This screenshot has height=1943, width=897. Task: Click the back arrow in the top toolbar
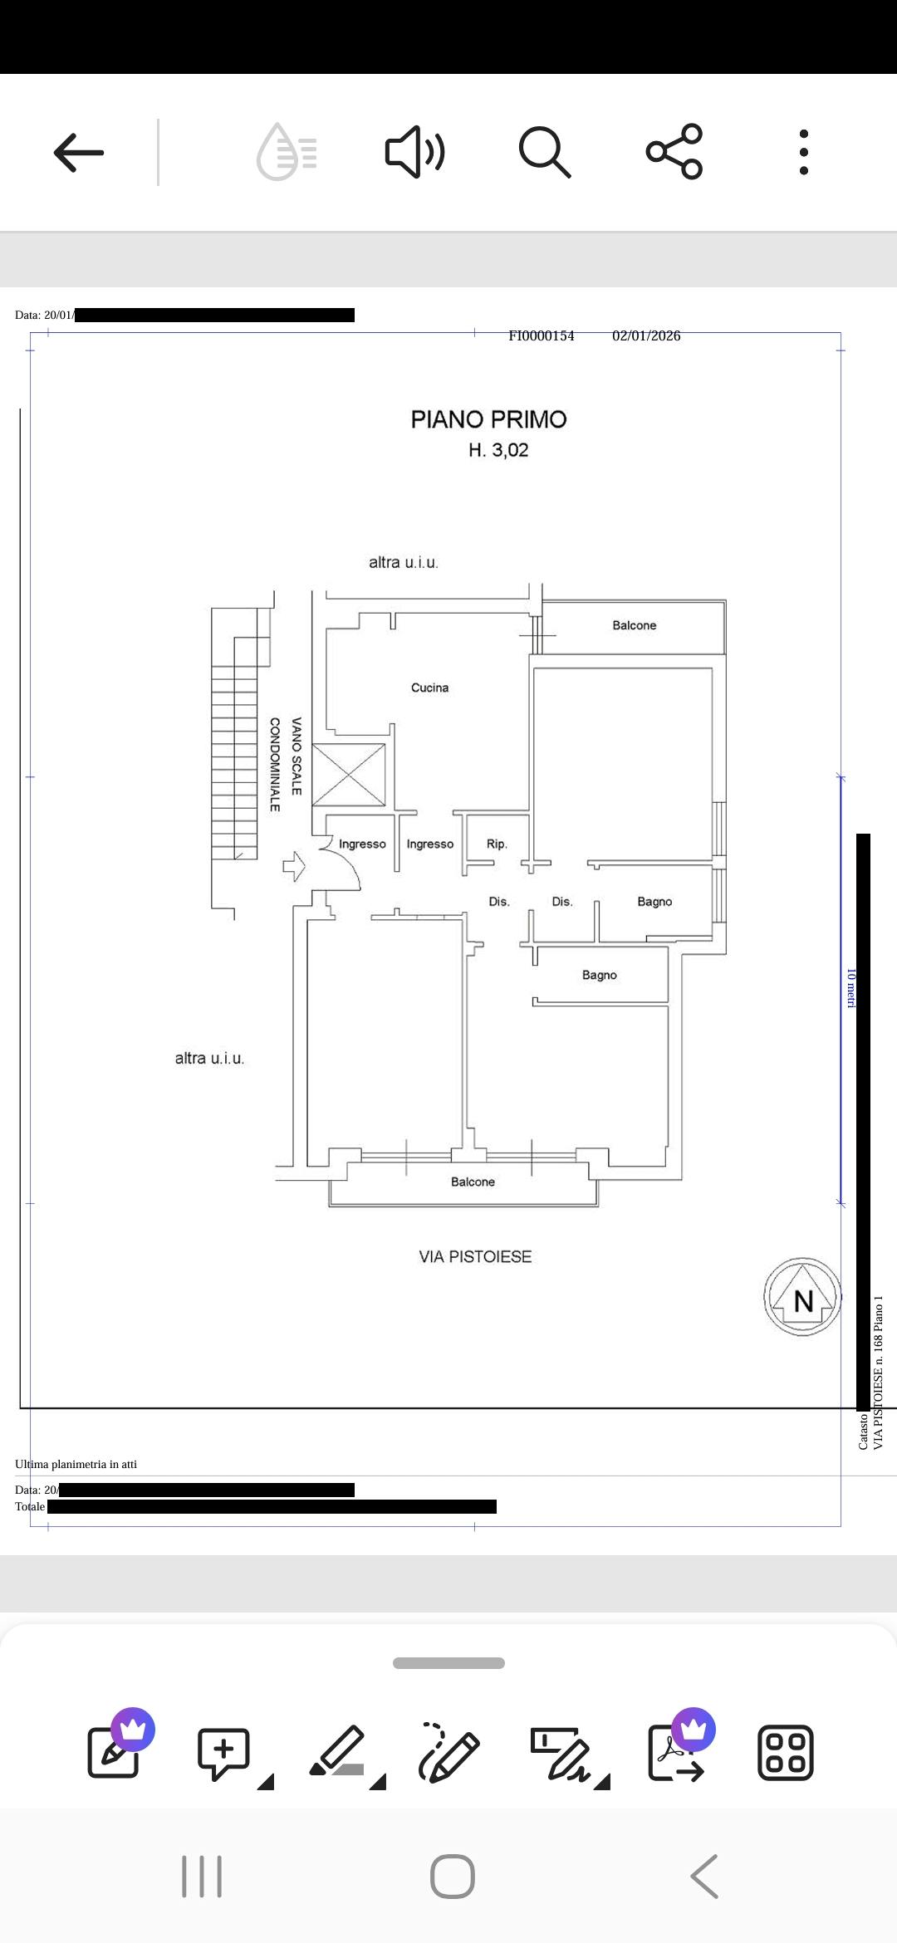tap(79, 153)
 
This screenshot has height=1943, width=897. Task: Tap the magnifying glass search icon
tap(545, 153)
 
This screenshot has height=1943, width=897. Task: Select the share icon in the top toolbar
tap(674, 152)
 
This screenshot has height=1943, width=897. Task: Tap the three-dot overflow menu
tap(803, 153)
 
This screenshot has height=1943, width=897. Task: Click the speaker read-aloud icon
tap(414, 153)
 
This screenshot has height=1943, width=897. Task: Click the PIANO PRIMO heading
tap(488, 419)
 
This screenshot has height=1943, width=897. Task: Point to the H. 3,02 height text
tap(498, 450)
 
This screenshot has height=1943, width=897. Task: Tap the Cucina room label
tap(429, 688)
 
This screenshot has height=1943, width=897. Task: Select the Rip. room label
tap(497, 844)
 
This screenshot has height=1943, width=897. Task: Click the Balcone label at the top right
tap(634, 625)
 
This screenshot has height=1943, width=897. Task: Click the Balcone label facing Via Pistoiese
tap(473, 1182)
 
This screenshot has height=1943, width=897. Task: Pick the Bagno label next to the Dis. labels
tap(654, 902)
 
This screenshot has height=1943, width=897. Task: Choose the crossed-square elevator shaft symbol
tap(349, 775)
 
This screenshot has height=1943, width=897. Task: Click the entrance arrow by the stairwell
tap(294, 867)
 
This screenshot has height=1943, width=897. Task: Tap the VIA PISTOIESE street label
tap(475, 1257)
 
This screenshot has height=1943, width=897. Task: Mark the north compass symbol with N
tap(802, 1297)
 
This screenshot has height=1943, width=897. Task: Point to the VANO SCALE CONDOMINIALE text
tap(285, 764)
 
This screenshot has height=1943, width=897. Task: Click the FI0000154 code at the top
tap(542, 335)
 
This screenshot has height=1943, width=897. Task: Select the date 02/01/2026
tap(646, 335)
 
